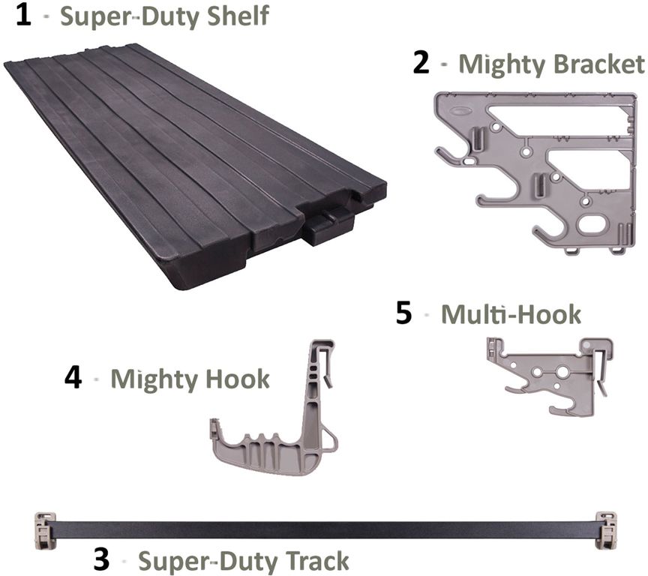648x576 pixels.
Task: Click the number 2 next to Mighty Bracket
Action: (421, 63)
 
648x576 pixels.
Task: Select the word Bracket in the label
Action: (598, 64)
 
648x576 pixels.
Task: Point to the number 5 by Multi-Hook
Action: (404, 313)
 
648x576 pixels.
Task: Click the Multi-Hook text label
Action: (511, 313)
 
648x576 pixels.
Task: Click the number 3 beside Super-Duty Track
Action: (103, 559)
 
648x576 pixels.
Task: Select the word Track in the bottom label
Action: (316, 560)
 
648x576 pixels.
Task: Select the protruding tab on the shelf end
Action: (328, 224)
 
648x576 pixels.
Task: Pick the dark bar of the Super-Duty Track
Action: (322, 529)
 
